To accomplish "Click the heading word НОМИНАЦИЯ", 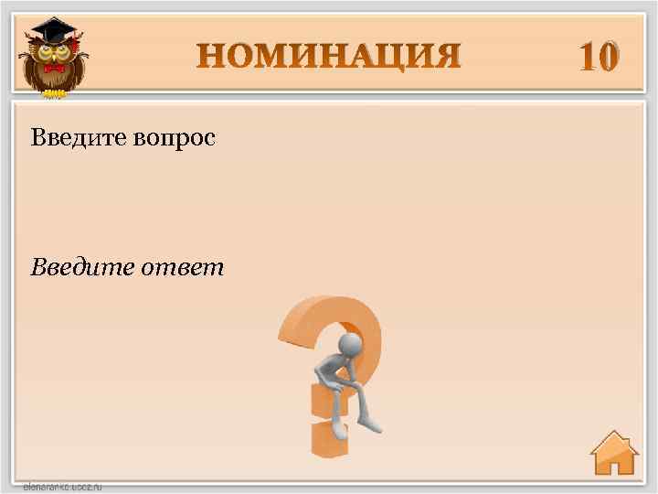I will [330, 56].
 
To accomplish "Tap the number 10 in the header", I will [599, 57].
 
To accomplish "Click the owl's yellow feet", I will [54, 91].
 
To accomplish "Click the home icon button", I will [613, 454].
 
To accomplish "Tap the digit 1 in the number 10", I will [585, 57].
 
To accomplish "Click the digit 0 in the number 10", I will [609, 57].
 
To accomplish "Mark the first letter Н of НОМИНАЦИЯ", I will [212, 56].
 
